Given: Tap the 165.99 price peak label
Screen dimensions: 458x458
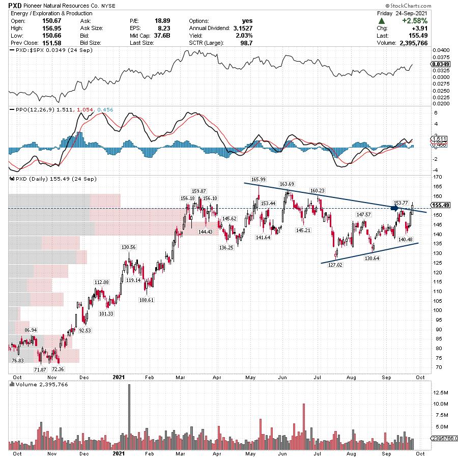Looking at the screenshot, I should pyautogui.click(x=259, y=179).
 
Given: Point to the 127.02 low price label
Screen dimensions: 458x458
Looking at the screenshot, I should pyautogui.click(x=336, y=265).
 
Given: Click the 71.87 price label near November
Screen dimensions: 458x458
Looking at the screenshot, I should pyautogui.click(x=40, y=369).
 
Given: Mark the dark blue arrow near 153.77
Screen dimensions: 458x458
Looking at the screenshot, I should pyautogui.click(x=395, y=208).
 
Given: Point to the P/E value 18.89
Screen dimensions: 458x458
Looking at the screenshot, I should pyautogui.click(x=162, y=20).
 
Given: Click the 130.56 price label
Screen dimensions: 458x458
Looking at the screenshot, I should pyautogui.click(x=129, y=247).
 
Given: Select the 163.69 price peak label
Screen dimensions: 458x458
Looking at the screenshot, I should pyautogui.click(x=287, y=184).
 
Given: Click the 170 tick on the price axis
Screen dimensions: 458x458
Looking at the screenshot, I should pyautogui.click(x=436, y=177).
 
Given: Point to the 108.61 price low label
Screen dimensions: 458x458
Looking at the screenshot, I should pyautogui.click(x=146, y=300).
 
